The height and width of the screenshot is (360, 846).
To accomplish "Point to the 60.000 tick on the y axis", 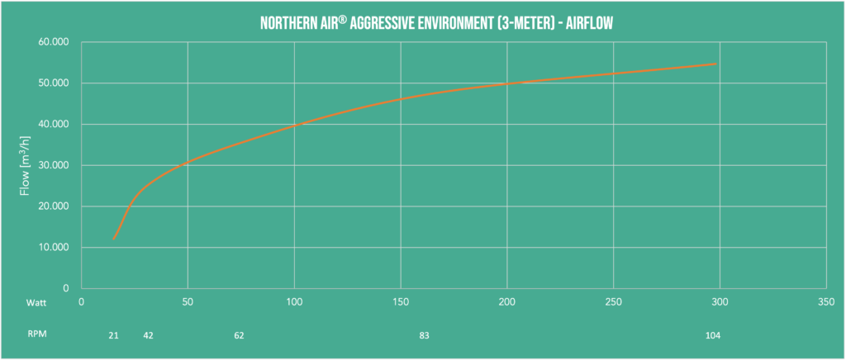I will click(x=55, y=42).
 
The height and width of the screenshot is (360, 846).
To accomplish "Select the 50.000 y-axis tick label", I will click(x=55, y=83).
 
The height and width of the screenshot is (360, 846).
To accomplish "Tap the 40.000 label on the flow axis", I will click(x=55, y=125).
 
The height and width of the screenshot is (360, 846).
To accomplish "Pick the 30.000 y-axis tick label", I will click(x=55, y=166).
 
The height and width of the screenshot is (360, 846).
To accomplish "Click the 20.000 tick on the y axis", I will click(x=55, y=206).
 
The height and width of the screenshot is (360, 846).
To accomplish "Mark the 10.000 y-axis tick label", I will click(x=55, y=248).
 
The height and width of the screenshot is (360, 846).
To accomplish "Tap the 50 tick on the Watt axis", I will click(x=188, y=303).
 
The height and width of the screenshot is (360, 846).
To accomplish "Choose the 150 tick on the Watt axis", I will click(x=401, y=303).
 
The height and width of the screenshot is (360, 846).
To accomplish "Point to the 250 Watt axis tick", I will click(x=613, y=303).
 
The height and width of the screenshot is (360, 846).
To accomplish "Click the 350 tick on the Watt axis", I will click(x=825, y=303).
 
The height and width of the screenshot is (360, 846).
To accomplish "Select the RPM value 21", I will click(x=114, y=336).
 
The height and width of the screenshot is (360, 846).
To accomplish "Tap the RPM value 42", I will click(x=149, y=336).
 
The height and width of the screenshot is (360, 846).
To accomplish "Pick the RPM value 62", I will click(x=239, y=336).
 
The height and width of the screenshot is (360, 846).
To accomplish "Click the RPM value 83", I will click(x=424, y=336).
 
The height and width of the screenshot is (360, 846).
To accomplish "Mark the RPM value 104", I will click(x=713, y=336).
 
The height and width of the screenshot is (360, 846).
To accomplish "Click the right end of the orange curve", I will click(x=715, y=64).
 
